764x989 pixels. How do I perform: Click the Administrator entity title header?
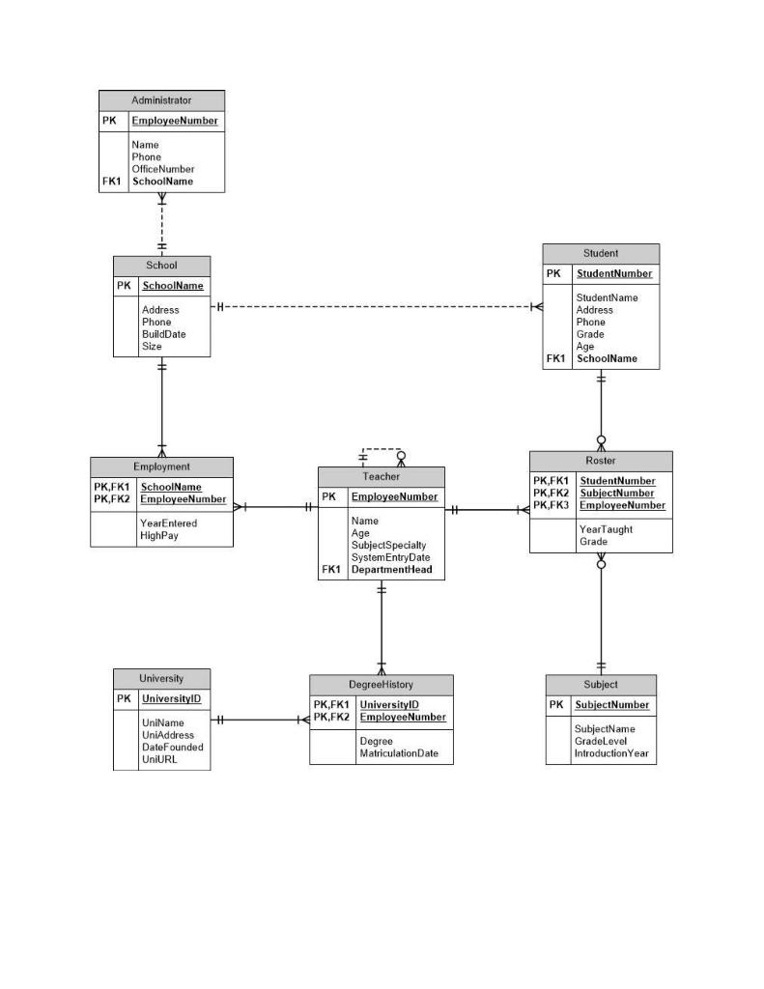(161, 100)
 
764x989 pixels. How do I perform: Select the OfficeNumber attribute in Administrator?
(163, 169)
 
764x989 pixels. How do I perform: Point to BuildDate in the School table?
(163, 334)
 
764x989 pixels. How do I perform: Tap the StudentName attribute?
(607, 298)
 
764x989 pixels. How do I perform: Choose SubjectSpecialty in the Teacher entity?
(388, 546)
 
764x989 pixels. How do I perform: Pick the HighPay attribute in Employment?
(159, 535)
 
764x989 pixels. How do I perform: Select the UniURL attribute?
(159, 759)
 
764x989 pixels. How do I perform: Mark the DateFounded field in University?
(172, 747)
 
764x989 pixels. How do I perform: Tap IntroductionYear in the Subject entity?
(611, 753)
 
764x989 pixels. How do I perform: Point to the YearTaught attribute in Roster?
(606, 529)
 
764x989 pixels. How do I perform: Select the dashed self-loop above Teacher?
(382, 449)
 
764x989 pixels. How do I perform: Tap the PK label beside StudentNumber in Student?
(553, 273)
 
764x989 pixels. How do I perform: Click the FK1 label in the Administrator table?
(111, 182)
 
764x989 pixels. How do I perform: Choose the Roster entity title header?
(600, 461)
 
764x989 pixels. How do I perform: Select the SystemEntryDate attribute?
(390, 557)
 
